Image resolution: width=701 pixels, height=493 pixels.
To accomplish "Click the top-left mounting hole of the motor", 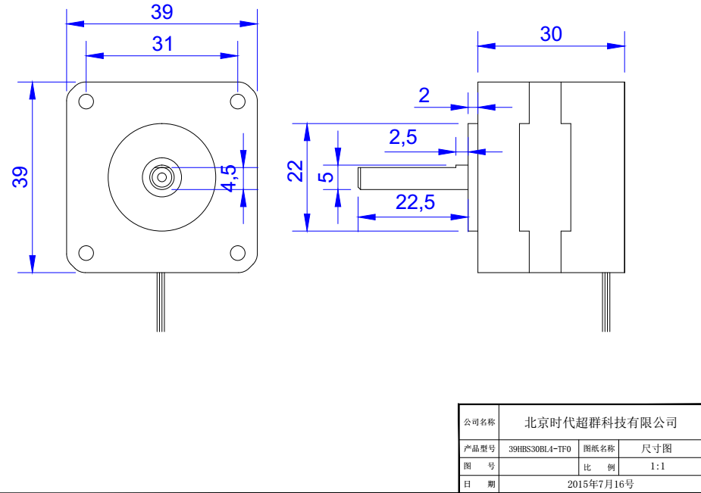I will click(86, 101).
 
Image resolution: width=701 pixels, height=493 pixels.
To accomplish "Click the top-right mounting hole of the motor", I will click(237, 101).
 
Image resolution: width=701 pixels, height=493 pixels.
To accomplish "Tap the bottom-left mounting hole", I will click(86, 253).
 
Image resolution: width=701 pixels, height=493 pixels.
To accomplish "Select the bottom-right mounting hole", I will click(237, 253).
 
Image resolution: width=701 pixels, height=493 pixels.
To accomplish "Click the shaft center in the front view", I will click(161, 177).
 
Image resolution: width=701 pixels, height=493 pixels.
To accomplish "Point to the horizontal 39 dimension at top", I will click(162, 12).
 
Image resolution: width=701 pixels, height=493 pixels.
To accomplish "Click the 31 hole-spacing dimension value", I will click(162, 44).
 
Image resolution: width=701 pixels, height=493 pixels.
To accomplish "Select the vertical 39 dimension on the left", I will click(20, 177).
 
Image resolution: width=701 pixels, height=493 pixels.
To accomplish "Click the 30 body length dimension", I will click(551, 34).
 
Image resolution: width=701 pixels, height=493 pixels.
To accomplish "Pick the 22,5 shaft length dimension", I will click(415, 202).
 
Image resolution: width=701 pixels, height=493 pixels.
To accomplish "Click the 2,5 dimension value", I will click(402, 137).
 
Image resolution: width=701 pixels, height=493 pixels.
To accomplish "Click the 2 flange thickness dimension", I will click(424, 95).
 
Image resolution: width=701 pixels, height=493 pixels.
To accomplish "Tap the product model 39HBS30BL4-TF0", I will click(539, 448).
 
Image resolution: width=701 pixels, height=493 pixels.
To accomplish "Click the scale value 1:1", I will click(657, 466).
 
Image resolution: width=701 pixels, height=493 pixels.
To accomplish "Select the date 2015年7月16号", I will click(600, 483).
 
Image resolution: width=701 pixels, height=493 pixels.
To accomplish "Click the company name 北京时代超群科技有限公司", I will click(601, 423).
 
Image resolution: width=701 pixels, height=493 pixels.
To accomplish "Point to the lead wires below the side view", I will click(606, 303).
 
